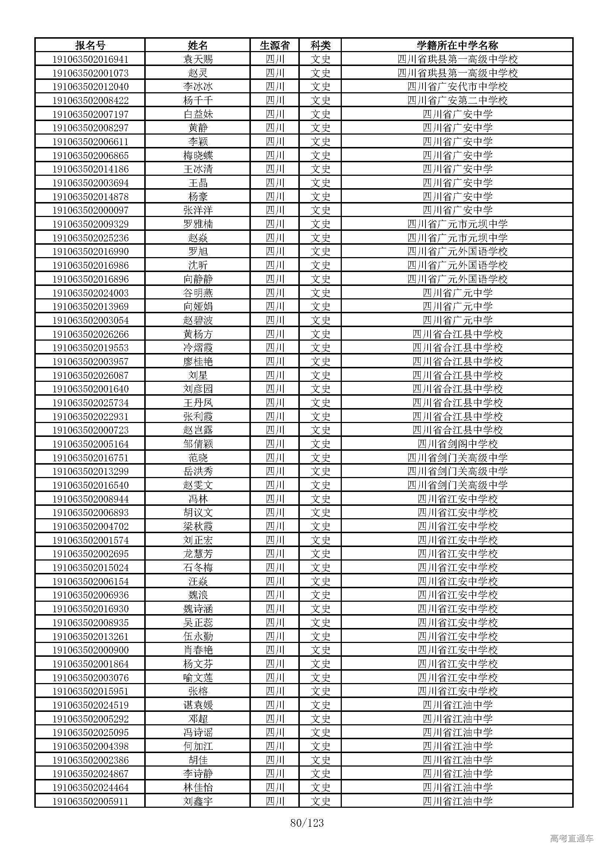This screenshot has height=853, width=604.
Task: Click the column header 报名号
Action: tap(90, 45)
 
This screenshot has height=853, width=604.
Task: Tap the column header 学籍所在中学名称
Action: tap(457, 45)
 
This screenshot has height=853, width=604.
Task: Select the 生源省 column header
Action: tap(275, 45)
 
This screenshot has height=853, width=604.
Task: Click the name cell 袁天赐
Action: tap(198, 59)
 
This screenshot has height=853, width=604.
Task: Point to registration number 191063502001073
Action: tap(90, 73)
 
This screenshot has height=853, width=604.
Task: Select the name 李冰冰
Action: tap(198, 86)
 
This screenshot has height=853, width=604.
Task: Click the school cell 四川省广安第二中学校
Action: tap(457, 100)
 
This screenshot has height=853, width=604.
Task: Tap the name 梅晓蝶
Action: tap(198, 155)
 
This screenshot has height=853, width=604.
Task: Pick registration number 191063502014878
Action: tap(90, 197)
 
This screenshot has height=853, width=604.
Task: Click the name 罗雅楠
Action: tap(198, 224)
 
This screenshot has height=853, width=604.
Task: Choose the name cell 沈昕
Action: tap(198, 265)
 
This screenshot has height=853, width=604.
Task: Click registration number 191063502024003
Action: tap(90, 293)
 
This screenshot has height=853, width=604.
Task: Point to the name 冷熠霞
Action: tap(198, 348)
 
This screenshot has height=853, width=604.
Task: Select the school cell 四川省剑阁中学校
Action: tap(457, 444)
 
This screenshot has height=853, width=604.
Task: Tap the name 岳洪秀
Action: tap(198, 472)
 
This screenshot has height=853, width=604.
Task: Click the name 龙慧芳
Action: tap(198, 554)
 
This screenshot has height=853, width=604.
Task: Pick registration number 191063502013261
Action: tap(90, 636)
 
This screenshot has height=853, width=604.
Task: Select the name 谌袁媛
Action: tap(198, 705)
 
